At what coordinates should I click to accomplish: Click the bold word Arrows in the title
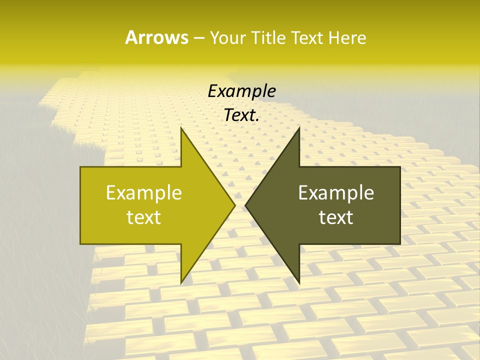coord(156,37)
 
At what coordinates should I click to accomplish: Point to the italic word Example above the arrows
coord(241,91)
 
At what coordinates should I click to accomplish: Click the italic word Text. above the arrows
coord(241,115)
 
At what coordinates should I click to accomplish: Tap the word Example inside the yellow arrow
coord(144,192)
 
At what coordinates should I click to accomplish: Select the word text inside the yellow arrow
coord(144,217)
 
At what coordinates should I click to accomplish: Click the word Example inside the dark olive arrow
coord(336,192)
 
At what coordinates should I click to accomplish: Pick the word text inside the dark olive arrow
coord(336,217)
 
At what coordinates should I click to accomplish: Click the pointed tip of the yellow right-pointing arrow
coord(235,205)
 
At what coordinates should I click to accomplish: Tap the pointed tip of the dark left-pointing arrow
coord(245,205)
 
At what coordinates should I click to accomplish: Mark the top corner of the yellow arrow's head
coord(181,128)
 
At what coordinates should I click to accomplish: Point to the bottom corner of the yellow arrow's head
coord(181,283)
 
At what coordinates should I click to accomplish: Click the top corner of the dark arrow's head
coord(299,128)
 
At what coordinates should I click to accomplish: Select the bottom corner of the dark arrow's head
coord(299,283)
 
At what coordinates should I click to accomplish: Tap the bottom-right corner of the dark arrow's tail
coord(400,243)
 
